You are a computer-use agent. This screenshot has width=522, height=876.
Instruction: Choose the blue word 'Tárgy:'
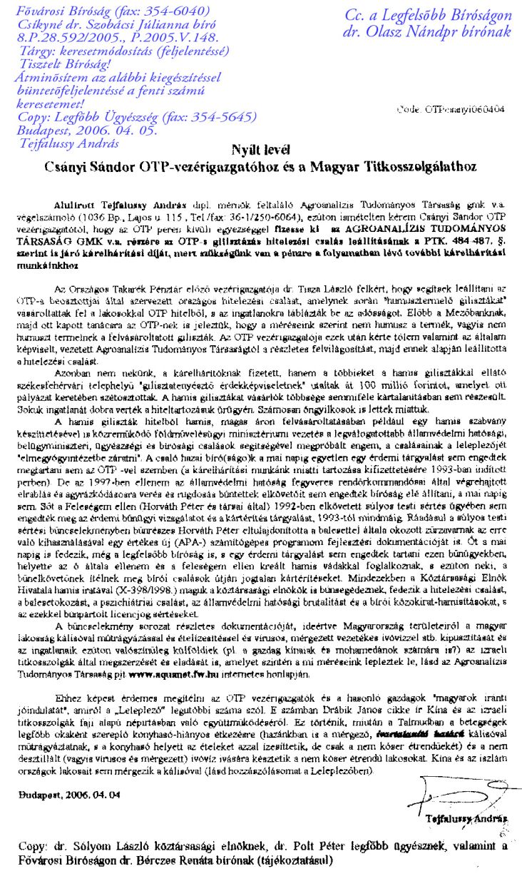tap(40, 51)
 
